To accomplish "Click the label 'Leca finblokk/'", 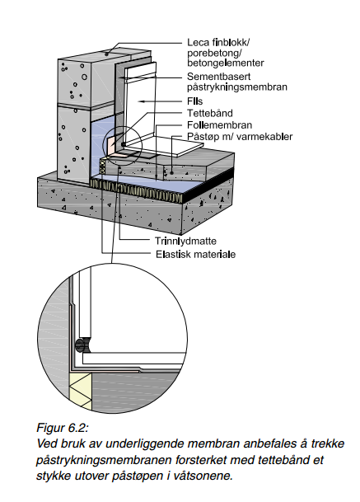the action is point(218,43).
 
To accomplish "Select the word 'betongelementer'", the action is point(226,63).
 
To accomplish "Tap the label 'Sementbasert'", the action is point(219,77).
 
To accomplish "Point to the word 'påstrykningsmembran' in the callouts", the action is point(237,87).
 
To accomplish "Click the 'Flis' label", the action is point(195,101).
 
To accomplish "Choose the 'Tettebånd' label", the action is point(210,113).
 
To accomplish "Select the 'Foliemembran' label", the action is point(219,124).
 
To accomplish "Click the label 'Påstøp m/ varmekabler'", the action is point(240,137).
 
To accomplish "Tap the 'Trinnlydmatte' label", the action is point(185,241).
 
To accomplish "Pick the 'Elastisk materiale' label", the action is point(195,255).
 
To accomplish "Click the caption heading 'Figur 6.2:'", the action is point(63,428).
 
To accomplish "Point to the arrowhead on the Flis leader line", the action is point(141,101).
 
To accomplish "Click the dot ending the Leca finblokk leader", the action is point(106,54).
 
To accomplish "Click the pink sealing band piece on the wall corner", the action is point(111,145).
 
